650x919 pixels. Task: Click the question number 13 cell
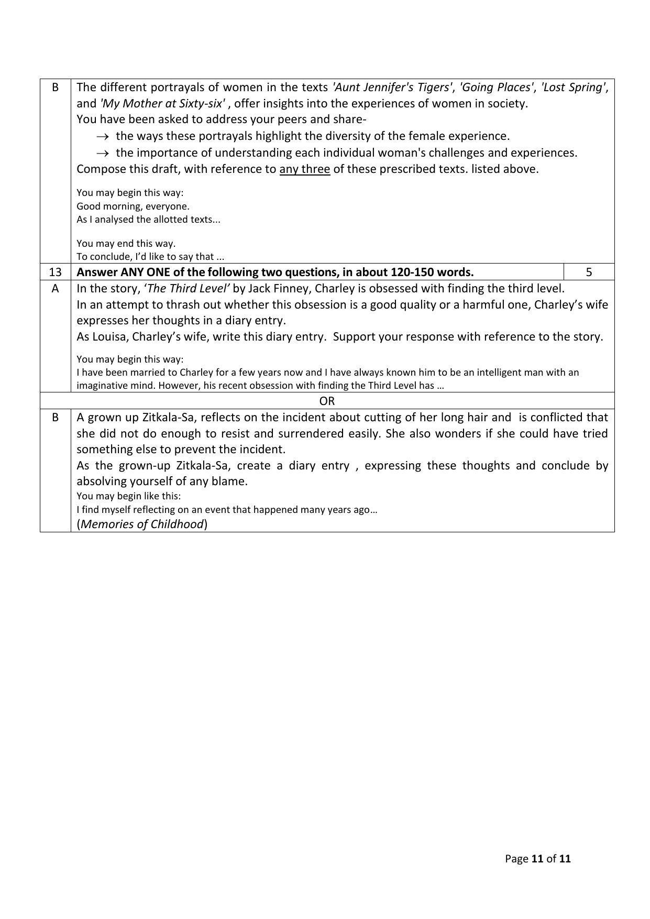point(55,272)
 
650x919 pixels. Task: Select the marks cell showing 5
point(589,272)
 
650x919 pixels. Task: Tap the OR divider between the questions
point(327,401)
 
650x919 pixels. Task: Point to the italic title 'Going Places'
point(496,87)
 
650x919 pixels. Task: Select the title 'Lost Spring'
point(574,87)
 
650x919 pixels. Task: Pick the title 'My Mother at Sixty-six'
point(162,103)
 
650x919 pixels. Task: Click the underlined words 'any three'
point(304,169)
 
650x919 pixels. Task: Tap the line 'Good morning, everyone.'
point(133,206)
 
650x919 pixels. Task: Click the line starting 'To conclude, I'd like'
point(150,256)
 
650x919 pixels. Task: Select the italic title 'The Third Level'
point(186,288)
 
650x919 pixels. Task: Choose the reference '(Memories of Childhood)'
point(142,524)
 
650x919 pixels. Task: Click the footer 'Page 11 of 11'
point(537,859)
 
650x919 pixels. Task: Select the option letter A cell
point(55,288)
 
